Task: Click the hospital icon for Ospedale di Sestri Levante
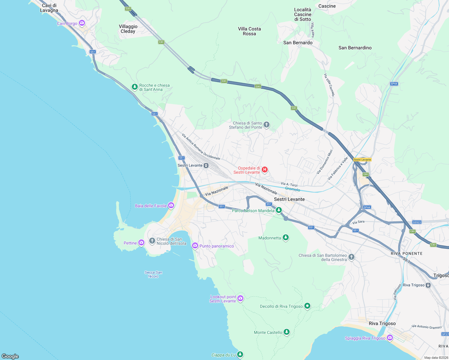point(264,170)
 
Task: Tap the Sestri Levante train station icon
point(206,166)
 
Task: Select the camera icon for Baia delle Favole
point(171,205)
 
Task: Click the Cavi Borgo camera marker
point(82,23)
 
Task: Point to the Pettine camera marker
point(141,243)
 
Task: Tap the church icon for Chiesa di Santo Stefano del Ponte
point(266,125)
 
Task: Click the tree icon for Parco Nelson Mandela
point(279,210)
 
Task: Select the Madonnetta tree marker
point(286,238)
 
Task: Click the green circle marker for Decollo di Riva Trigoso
point(307,306)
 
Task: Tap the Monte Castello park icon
point(287,332)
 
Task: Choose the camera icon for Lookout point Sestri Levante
point(240,298)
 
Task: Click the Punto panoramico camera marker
point(195,246)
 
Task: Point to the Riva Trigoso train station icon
point(428,285)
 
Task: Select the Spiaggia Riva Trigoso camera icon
point(390,338)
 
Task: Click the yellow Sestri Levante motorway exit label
point(362,160)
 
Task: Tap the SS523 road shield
point(417,222)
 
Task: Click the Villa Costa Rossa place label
point(249,31)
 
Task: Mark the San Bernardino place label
point(355,48)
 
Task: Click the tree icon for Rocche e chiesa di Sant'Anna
point(135,87)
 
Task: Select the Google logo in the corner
point(10,356)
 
